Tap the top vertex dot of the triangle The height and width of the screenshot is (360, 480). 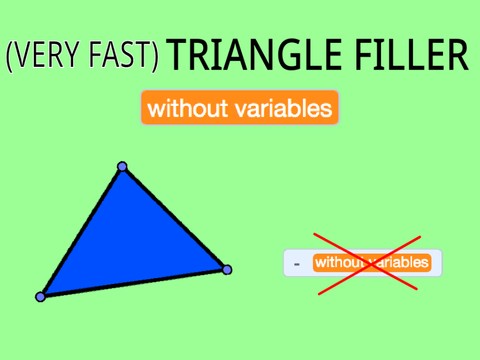pos(122,167)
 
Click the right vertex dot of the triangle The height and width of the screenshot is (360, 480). pos(227,269)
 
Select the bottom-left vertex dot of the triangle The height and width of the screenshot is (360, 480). pos(41,296)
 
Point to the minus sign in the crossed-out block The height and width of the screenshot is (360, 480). pos(297,264)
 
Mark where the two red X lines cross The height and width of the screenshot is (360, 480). pos(367,264)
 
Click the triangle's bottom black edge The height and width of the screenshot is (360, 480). pos(134,283)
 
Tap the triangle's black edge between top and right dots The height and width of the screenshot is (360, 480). pos(175,218)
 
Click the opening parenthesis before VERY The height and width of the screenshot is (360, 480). pos(11,57)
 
